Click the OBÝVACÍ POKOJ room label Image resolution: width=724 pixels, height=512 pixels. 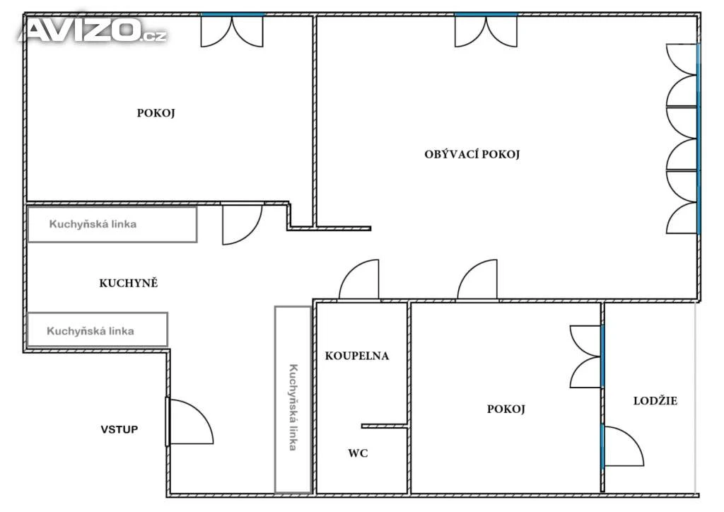pos(472,154)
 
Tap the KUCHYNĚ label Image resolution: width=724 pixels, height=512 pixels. pos(129,283)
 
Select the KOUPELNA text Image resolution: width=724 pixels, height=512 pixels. pos(357,356)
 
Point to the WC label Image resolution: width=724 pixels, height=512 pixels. pos(358,453)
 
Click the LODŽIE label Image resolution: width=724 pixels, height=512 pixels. pos(655,401)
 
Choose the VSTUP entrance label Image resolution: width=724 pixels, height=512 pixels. pos(119,430)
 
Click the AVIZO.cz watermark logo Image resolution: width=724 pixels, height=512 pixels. pos(93,30)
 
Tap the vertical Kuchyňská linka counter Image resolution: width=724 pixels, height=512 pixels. pos(293,400)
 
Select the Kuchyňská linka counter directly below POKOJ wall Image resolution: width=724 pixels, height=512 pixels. pos(112,224)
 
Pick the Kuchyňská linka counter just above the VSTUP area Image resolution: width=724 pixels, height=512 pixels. pos(97,330)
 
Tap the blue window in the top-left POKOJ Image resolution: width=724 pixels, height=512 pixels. pos(232,15)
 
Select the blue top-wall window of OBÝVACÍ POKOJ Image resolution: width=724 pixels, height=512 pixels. pos(486,15)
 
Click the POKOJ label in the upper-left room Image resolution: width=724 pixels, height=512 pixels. pos(156,113)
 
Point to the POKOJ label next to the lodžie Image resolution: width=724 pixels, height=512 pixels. pos(506,409)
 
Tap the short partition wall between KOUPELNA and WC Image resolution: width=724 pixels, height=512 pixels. pos(384,426)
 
